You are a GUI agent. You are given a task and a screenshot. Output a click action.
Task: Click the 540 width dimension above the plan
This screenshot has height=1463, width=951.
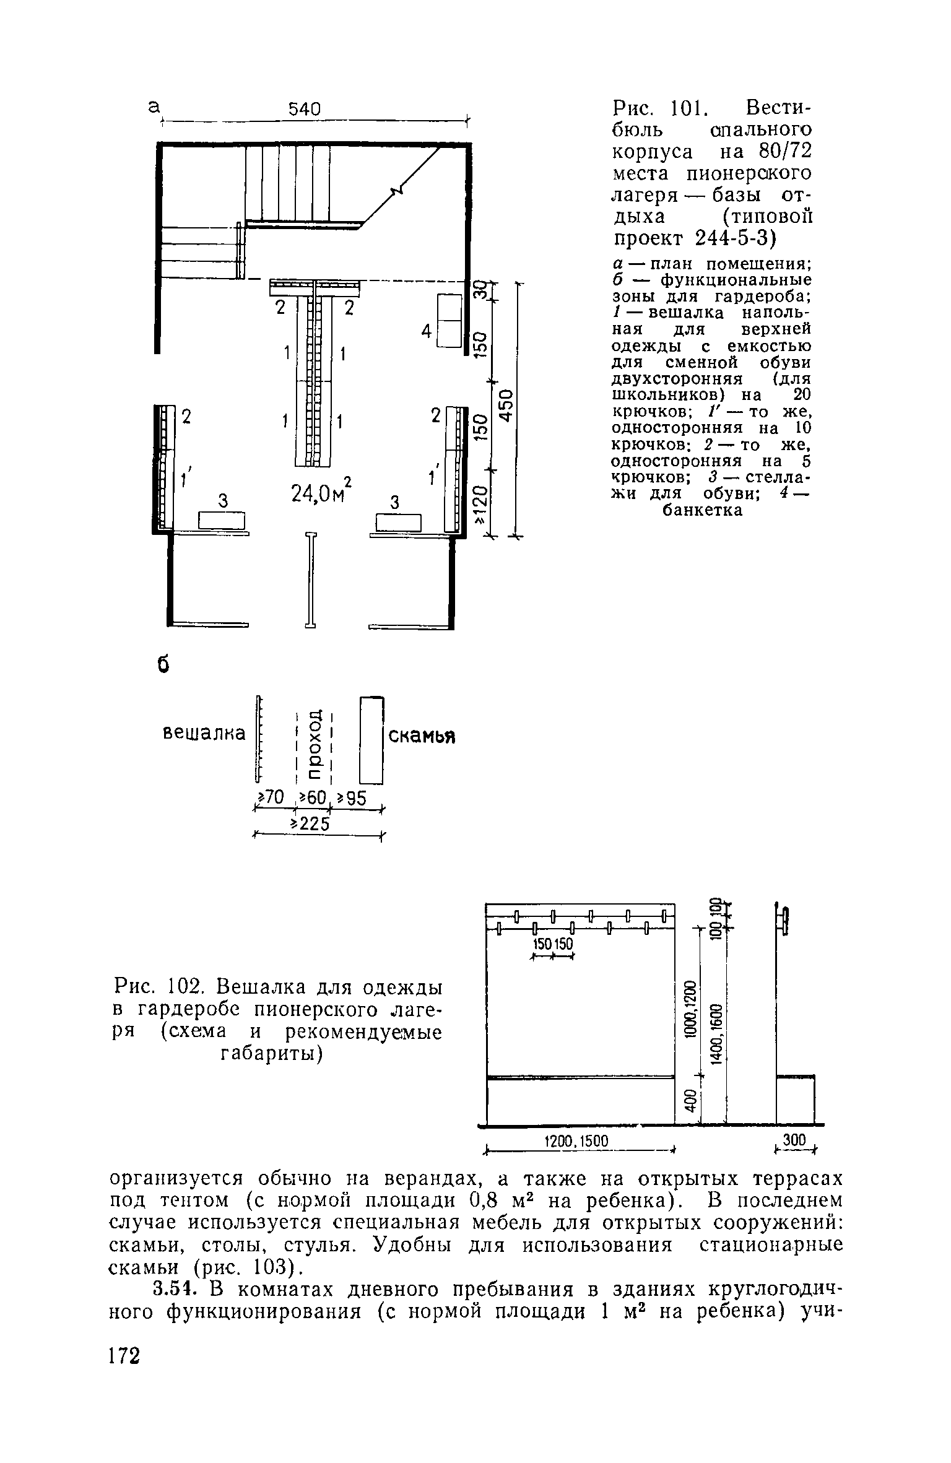point(305,110)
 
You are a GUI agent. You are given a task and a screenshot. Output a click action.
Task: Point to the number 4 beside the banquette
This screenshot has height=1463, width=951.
point(426,332)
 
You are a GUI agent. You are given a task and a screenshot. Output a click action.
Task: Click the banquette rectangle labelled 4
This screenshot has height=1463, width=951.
point(449,321)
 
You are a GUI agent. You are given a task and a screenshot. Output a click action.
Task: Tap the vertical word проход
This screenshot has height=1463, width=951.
point(315,742)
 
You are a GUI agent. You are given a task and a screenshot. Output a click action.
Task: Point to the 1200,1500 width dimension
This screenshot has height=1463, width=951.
point(575,1140)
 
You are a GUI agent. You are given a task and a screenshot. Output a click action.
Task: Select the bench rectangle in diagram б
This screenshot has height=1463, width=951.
point(371,739)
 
